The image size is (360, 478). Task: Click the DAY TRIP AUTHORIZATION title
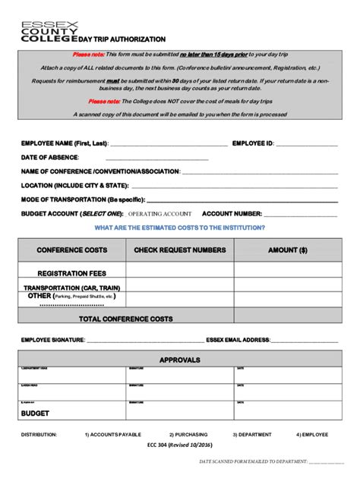(x=122, y=39)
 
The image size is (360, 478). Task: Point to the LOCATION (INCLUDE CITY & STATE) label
(x=74, y=185)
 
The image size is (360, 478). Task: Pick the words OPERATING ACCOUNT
(x=159, y=214)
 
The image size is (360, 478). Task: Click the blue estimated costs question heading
(x=179, y=228)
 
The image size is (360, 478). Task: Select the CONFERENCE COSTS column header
(x=72, y=250)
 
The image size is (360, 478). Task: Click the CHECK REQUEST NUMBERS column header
(x=180, y=250)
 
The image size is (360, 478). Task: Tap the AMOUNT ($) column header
(x=288, y=250)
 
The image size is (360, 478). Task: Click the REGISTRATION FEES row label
(x=72, y=272)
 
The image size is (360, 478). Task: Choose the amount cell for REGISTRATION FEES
(x=288, y=272)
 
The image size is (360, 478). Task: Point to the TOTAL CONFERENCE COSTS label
(x=126, y=319)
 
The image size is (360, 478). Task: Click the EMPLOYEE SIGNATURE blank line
(x=145, y=341)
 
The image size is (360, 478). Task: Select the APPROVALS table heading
(x=180, y=360)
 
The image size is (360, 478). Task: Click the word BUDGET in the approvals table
(x=35, y=414)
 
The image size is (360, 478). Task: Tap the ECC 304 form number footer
(x=180, y=445)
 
